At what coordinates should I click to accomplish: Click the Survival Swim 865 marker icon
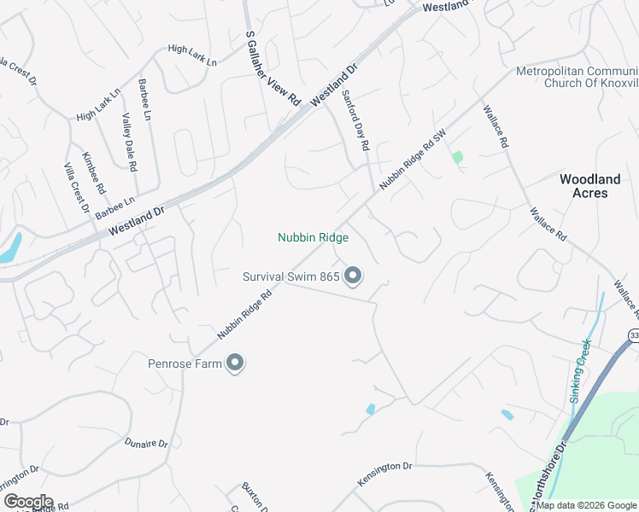tap(353, 276)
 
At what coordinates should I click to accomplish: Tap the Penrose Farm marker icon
tap(235, 364)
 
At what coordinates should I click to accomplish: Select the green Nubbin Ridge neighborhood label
tap(313, 238)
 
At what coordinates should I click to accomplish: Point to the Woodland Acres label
tap(589, 186)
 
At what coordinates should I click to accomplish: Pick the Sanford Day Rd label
tap(355, 120)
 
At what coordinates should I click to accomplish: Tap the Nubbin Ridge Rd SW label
tap(413, 160)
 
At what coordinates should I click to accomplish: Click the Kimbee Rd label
tap(93, 172)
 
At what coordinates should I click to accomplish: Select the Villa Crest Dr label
tap(77, 187)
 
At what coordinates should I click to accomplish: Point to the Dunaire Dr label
tap(146, 443)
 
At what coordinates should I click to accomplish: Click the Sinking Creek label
tap(580, 370)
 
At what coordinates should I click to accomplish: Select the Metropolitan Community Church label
tap(577, 77)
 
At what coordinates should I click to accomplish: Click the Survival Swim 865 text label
tap(291, 276)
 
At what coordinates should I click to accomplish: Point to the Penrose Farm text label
tap(185, 364)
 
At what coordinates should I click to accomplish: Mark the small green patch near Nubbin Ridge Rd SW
tap(458, 157)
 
